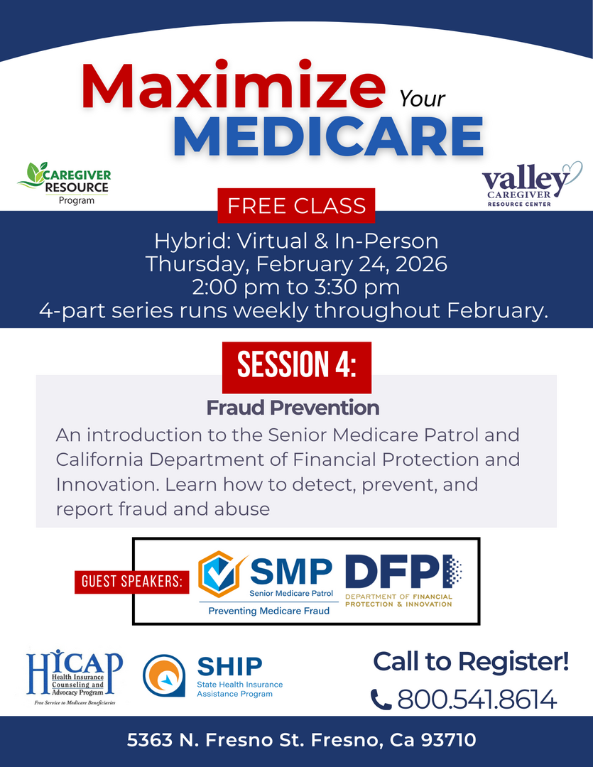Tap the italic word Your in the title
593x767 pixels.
coord(422,99)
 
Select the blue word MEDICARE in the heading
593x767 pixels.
coord(328,137)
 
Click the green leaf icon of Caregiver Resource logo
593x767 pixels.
coord(33,175)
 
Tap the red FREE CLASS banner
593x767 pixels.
coord(297,205)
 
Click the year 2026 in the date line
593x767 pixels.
coord(421,264)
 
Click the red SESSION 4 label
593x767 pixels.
coord(297,367)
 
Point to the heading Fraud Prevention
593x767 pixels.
coord(293,408)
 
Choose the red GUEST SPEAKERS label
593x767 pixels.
coord(131,582)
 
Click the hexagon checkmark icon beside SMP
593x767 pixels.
coord(221,574)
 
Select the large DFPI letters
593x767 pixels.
coord(403,571)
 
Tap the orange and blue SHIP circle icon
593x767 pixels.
coord(164,676)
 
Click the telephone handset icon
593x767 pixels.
coord(381,700)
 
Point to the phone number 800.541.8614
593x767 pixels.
coord(477,699)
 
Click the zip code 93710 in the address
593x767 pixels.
coord(448,740)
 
